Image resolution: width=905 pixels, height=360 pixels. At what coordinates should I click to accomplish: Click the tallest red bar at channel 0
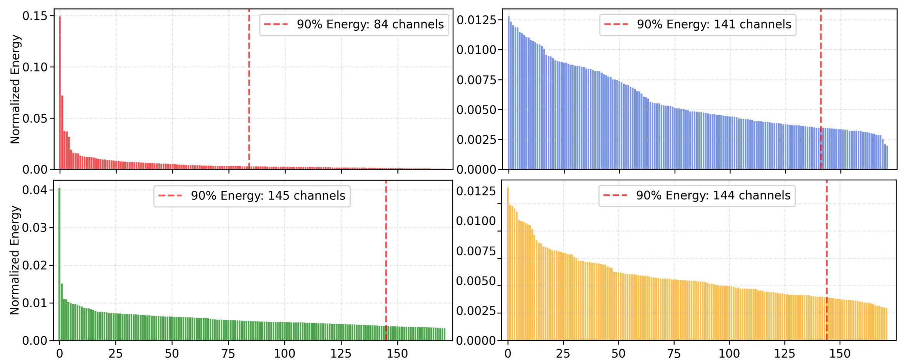[60, 92]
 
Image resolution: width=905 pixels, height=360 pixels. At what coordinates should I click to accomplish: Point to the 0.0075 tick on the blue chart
[476, 80]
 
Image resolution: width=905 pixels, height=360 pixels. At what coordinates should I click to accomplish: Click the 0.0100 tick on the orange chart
[476, 221]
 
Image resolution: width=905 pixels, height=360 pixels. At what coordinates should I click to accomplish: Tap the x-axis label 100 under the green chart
[285, 353]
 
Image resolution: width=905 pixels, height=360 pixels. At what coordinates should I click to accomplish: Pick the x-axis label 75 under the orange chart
[674, 353]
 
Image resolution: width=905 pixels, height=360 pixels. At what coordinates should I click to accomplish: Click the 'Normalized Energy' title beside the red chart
[15, 89]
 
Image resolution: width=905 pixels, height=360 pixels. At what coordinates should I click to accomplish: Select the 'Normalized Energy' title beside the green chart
[15, 260]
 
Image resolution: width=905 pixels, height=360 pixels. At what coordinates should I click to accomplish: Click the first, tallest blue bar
[508, 92]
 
